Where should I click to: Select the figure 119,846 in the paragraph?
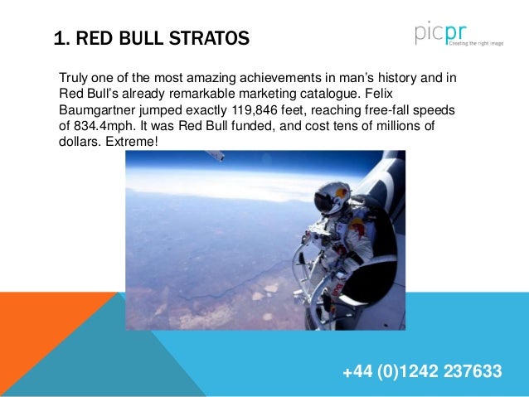(254, 109)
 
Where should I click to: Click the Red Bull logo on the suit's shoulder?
(356, 226)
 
